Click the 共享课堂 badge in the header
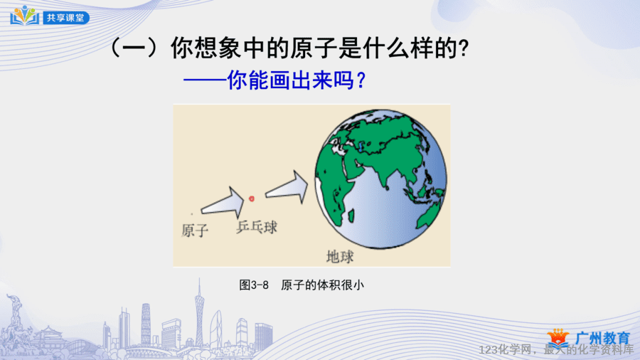[x=66, y=18]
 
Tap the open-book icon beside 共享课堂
[x=25, y=16]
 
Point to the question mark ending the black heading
[x=463, y=48]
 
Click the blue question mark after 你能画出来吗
[x=361, y=80]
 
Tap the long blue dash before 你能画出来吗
[x=205, y=80]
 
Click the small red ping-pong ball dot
[x=252, y=198]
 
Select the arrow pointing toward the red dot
[x=223, y=203]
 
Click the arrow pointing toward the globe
[x=287, y=187]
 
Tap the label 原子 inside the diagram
[x=195, y=231]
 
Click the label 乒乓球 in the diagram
[x=257, y=226]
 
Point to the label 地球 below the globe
[x=340, y=257]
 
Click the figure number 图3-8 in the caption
[x=254, y=285]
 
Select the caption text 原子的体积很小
[x=322, y=285]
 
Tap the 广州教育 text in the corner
[x=602, y=339]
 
